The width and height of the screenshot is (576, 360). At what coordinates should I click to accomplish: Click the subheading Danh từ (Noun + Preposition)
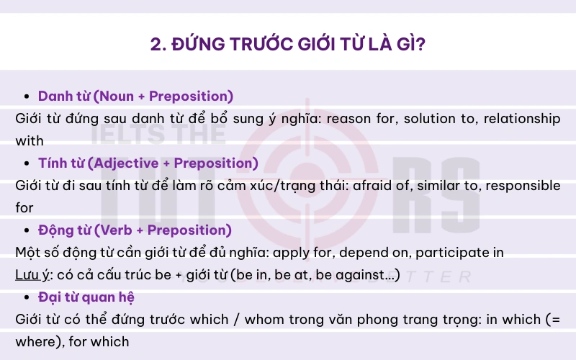click(x=135, y=96)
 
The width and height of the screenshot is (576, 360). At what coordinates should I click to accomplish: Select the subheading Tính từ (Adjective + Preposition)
click(x=148, y=163)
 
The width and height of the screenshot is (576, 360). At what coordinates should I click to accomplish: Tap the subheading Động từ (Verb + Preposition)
click(x=135, y=230)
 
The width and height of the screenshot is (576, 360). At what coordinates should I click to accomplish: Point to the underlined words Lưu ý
click(x=30, y=276)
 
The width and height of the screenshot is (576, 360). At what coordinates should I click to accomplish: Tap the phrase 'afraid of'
click(x=365, y=185)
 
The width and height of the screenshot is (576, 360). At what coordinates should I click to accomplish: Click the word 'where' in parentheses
click(x=35, y=341)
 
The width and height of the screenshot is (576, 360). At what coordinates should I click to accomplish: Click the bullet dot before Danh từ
click(x=27, y=96)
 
